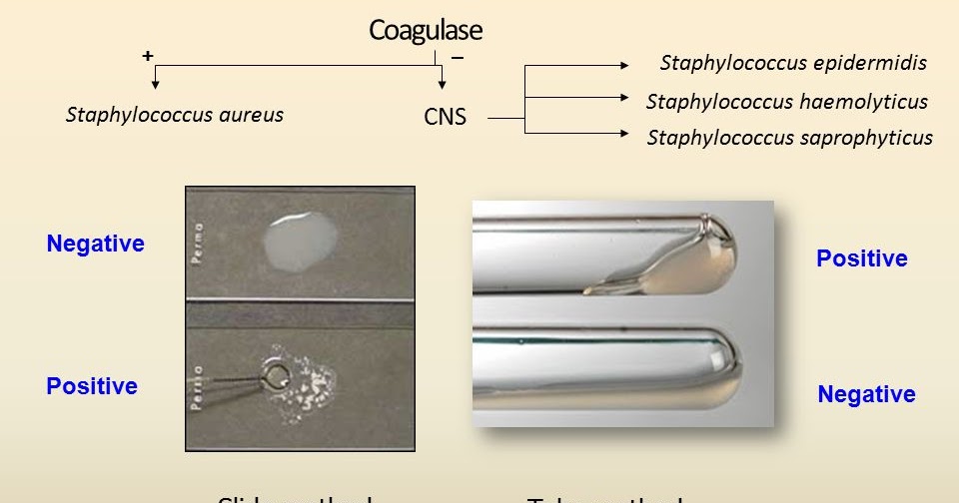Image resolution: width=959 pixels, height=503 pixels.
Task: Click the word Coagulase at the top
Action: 425,30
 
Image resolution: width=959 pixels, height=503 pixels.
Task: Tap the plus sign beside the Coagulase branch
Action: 148,56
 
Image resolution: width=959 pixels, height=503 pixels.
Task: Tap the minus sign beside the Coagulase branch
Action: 458,57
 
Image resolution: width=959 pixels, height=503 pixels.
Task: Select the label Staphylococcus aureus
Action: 175,115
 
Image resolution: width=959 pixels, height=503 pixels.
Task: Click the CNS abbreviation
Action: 445,117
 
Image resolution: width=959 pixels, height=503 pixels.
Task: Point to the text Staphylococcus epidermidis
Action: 793,63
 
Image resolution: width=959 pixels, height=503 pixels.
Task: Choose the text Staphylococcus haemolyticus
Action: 786,101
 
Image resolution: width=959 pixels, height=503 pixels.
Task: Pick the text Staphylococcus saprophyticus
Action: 789,138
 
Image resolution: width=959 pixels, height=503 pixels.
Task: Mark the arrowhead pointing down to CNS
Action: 441,90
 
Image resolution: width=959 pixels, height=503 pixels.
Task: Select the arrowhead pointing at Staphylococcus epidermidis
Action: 624,66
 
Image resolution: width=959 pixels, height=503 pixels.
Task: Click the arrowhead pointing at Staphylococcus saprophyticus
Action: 624,133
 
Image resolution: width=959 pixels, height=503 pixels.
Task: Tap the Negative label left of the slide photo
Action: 95,244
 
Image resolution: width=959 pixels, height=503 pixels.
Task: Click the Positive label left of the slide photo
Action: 92,386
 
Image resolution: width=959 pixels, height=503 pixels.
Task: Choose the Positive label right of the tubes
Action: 862,258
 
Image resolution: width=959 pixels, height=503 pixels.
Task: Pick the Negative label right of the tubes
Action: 866,394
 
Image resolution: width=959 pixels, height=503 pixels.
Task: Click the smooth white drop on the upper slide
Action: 299,240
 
